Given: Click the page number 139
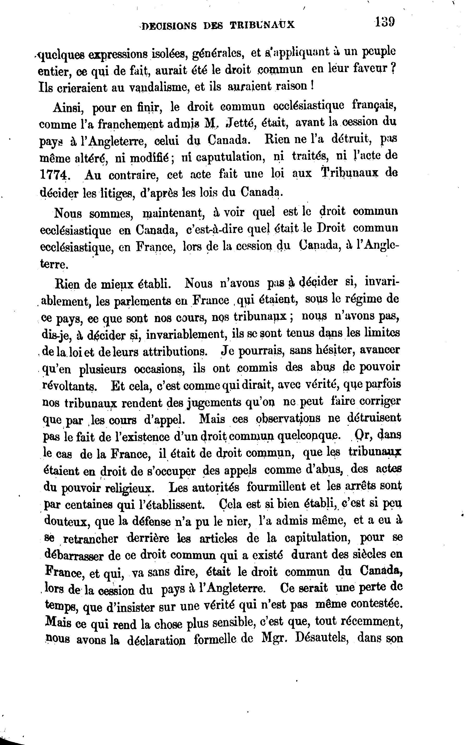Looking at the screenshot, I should point(385,22).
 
